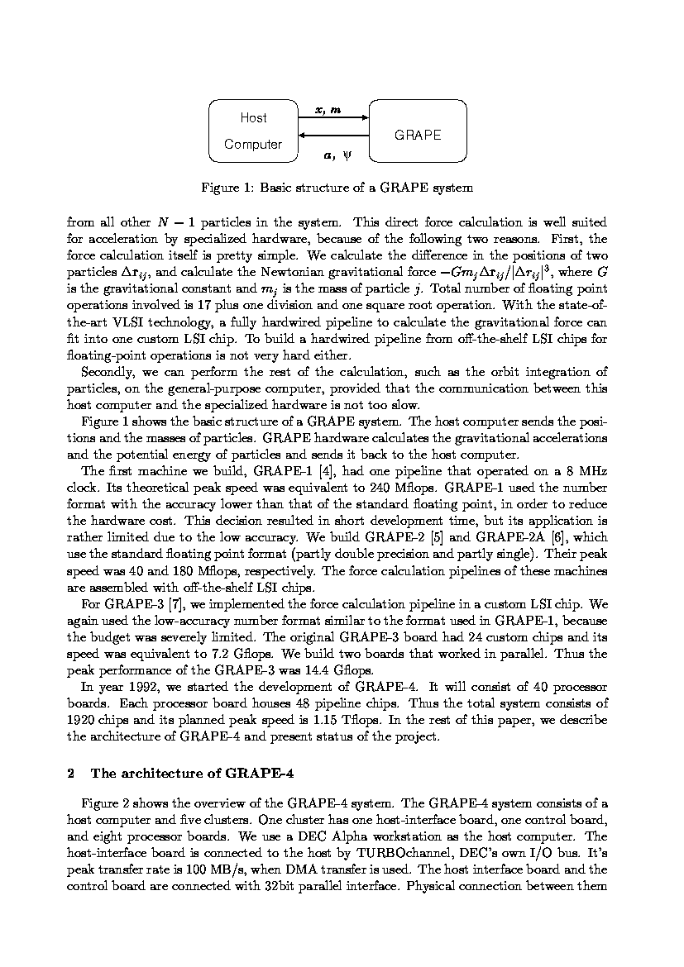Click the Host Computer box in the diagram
click(253, 131)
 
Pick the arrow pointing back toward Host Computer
click(332, 135)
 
